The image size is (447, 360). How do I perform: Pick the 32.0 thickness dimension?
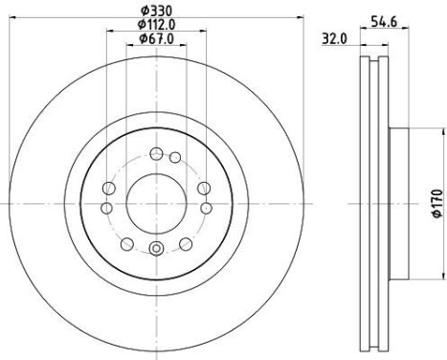point(334,40)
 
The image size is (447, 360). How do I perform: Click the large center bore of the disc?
point(154,202)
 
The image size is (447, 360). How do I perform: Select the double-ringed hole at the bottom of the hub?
point(154,252)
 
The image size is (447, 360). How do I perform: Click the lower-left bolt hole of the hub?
point(124,242)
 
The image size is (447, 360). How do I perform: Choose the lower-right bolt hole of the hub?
point(184,242)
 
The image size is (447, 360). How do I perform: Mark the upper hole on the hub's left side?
point(108,187)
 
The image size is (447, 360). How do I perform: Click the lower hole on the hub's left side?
point(105,208)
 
